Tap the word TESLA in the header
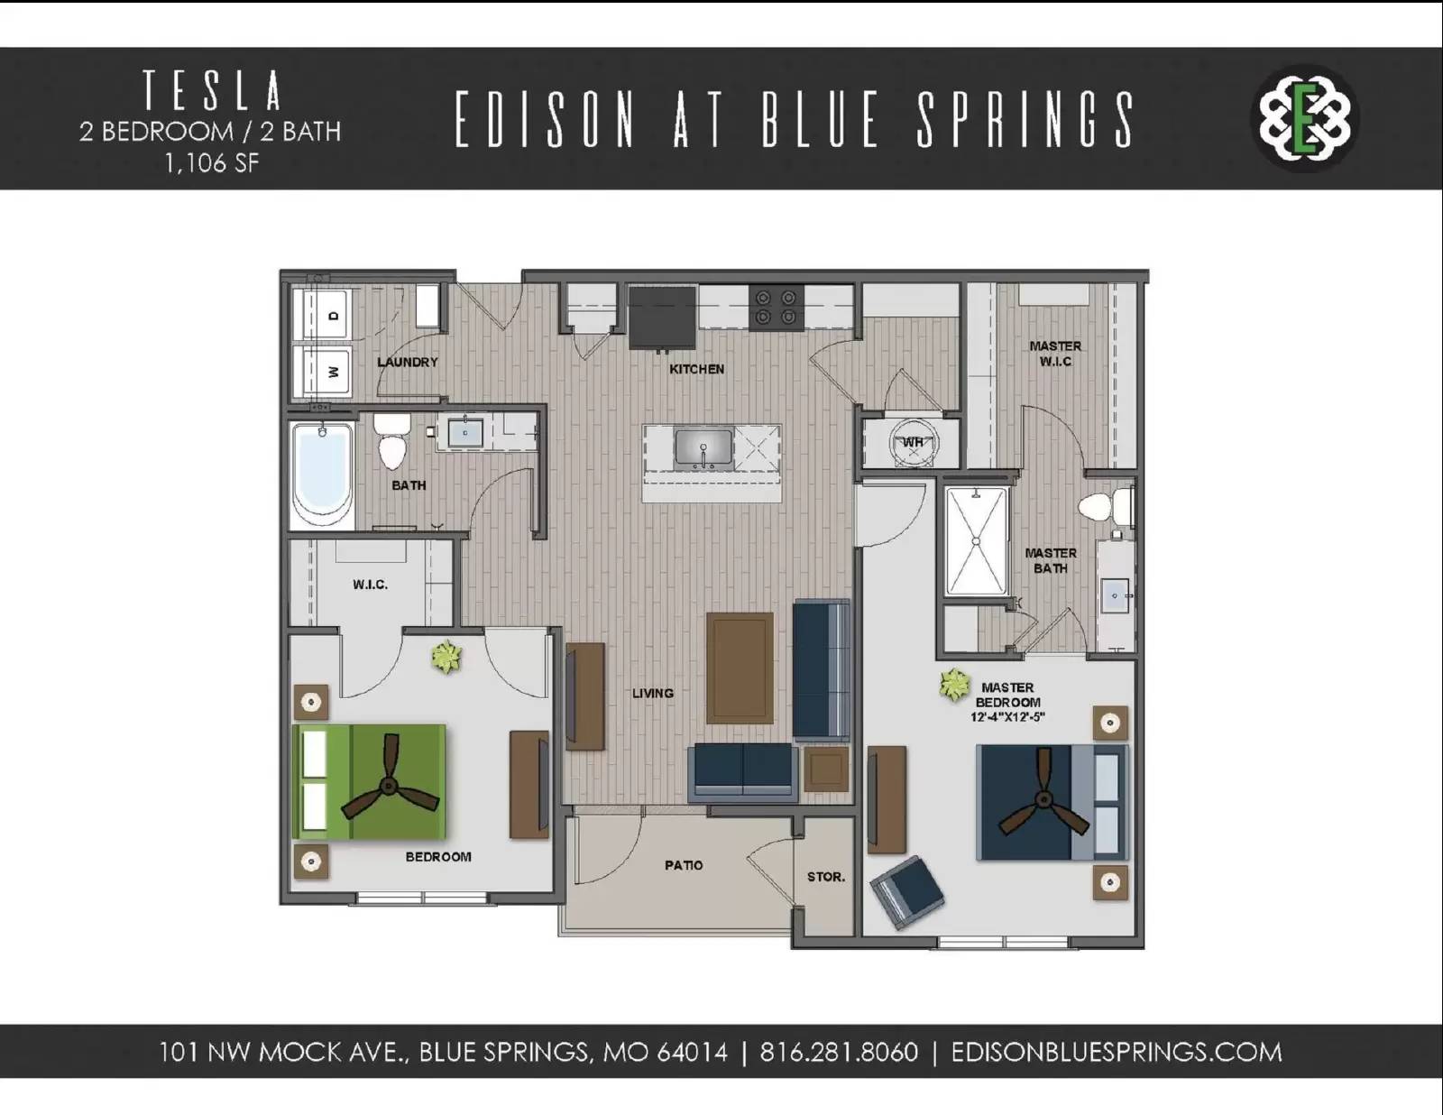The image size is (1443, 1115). coord(212,90)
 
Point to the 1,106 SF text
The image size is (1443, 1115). coord(212,163)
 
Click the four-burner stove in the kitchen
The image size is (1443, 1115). coord(777,307)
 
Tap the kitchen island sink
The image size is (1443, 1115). coord(703,448)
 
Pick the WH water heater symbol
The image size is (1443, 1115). coord(913,442)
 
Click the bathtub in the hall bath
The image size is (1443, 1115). coord(321,474)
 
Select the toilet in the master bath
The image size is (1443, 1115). coord(1100,506)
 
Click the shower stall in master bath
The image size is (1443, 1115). coord(976,541)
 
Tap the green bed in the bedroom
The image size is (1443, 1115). coord(370,781)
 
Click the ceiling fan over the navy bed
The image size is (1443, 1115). coord(1043,800)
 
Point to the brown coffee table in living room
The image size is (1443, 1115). coord(740,668)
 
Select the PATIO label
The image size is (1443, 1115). coord(684,865)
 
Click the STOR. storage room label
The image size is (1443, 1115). coord(825,877)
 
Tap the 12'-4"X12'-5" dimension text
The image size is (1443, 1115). coord(1007,717)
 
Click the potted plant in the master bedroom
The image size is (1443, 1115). coord(954,685)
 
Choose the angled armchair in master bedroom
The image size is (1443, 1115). coord(907,891)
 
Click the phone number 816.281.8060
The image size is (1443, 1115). coord(839,1052)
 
